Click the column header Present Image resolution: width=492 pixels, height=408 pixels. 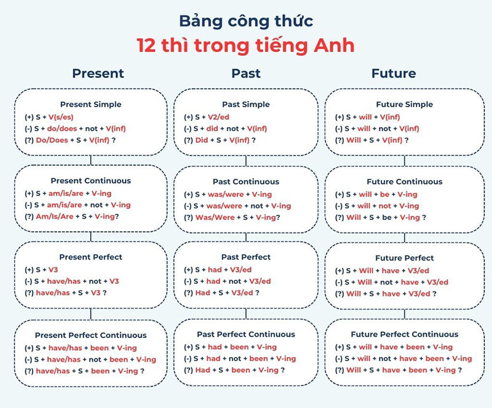98,73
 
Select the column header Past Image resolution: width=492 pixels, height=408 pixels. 246,73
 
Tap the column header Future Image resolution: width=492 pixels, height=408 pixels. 394,73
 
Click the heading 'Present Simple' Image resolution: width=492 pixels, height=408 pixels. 91,104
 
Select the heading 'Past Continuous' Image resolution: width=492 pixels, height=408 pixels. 246,182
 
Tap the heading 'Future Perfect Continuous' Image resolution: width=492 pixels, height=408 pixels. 404,335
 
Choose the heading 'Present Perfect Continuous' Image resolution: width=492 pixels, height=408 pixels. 91,335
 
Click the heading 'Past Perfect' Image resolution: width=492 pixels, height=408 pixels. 246,257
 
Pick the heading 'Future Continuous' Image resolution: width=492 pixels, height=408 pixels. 404,182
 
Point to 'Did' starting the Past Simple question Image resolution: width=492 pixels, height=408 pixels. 202,140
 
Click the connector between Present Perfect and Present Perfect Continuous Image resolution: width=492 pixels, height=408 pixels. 91,313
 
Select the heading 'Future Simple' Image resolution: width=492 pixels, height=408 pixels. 404,104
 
